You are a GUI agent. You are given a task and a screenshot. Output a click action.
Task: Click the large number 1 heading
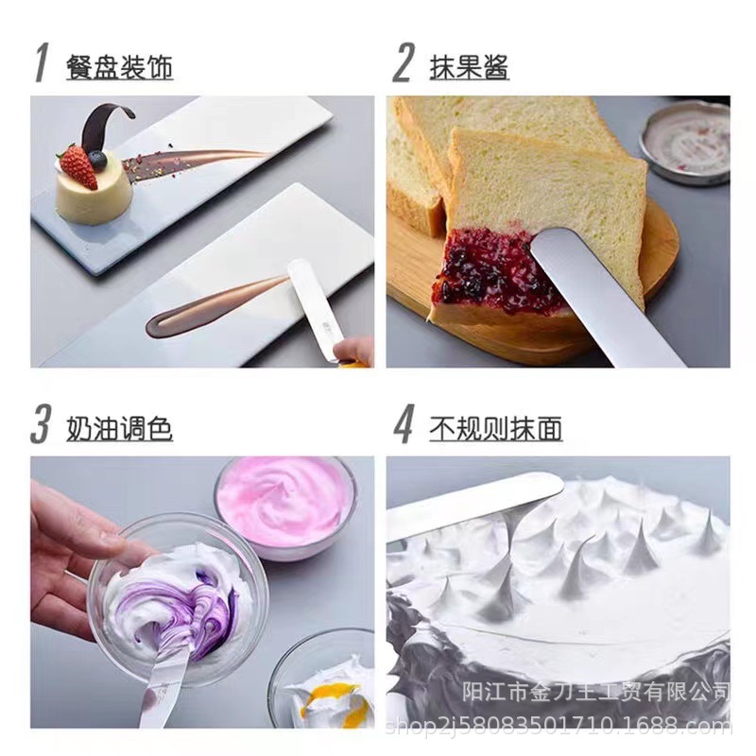click(42, 62)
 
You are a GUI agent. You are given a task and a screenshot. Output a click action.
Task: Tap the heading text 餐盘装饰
click(119, 67)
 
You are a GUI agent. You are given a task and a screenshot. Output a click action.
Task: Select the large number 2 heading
click(404, 62)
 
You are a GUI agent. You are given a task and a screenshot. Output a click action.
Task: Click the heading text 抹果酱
click(469, 67)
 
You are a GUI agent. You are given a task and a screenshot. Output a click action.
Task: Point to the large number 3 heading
click(41, 423)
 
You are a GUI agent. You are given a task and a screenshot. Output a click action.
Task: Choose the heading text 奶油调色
click(119, 429)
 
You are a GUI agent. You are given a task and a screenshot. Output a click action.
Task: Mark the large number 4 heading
click(404, 423)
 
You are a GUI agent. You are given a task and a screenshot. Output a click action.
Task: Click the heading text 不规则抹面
click(495, 429)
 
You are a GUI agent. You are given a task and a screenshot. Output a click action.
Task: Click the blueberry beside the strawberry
click(97, 160)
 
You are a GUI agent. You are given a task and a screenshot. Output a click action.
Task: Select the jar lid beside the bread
click(685, 143)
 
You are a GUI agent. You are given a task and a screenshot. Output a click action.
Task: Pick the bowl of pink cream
click(285, 507)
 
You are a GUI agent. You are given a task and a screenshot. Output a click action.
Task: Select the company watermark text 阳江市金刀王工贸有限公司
click(596, 692)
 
